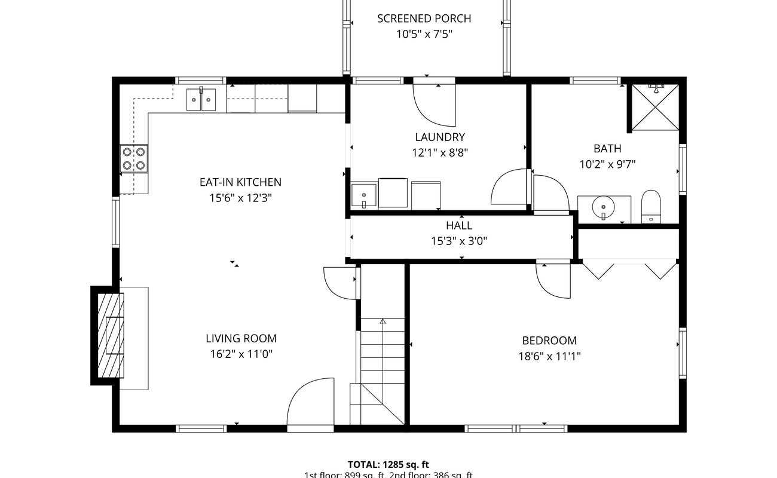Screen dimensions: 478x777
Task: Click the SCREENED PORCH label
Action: click(424, 19)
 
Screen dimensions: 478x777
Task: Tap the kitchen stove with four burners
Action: click(134, 159)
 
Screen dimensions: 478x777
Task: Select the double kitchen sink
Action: click(202, 99)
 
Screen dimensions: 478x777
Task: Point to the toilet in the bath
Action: click(651, 206)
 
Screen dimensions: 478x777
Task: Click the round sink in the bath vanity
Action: click(603, 207)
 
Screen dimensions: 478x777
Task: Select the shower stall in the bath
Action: click(656, 107)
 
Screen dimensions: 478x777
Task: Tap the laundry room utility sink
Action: click(363, 195)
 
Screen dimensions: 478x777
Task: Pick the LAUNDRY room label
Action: click(440, 137)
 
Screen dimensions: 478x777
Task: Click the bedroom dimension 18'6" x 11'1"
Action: click(549, 357)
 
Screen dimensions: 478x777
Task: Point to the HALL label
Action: click(458, 226)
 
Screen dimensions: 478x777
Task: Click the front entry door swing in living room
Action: click(310, 402)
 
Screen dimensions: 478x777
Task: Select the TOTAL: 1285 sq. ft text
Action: click(388, 464)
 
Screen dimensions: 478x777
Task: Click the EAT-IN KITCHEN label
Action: click(240, 182)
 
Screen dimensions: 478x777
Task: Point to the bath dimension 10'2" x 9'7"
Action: click(607, 164)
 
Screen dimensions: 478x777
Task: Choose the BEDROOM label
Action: click(549, 341)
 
